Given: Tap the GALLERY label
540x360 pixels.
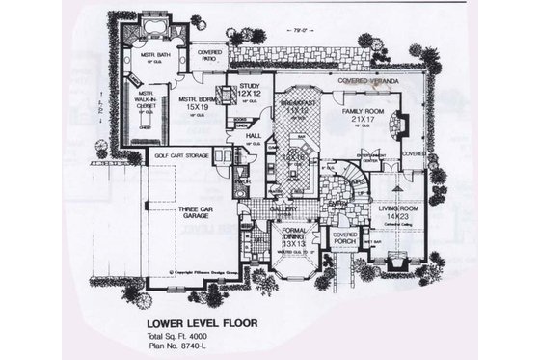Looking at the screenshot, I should pos(282,208).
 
